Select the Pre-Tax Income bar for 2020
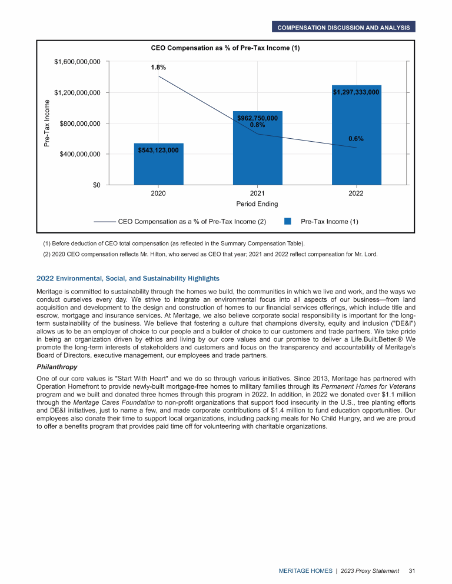[158, 168]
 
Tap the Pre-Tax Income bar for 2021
[257, 153]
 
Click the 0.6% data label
[356, 139]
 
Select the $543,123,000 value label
[158, 151]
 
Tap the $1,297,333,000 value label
[355, 92]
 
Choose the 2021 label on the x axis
[257, 193]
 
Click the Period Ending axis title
[257, 204]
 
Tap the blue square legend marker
[288, 222]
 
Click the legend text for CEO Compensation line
[192, 222]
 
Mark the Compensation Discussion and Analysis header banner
[344, 27]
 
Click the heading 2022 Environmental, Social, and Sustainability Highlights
[128, 278]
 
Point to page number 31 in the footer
[412, 571]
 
